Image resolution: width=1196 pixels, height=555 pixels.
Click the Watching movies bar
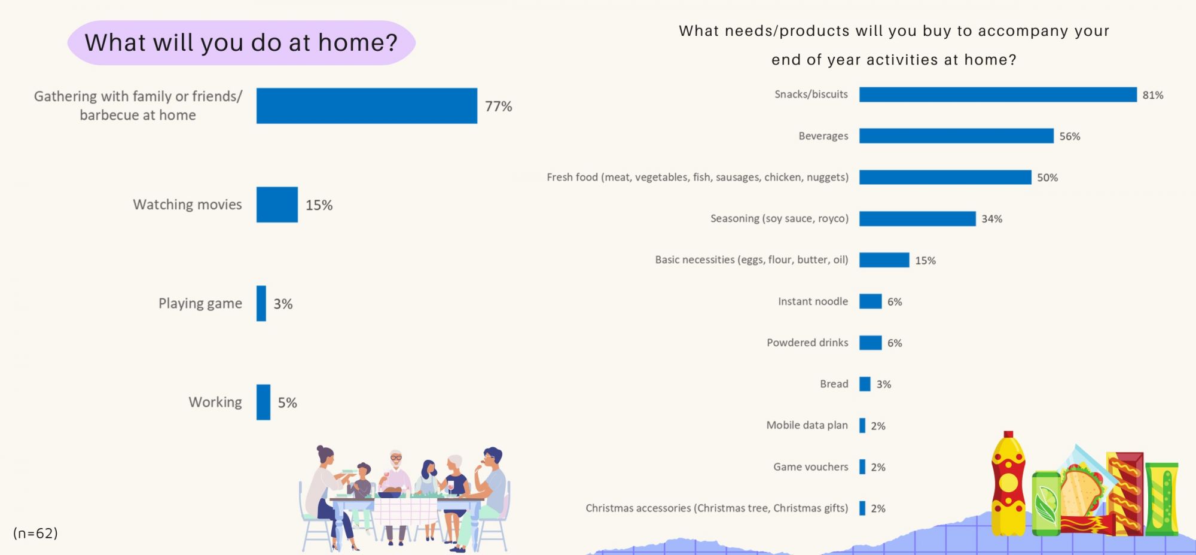click(277, 205)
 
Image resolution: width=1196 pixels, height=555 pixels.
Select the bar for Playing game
click(261, 303)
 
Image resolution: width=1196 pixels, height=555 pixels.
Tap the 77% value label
click(498, 106)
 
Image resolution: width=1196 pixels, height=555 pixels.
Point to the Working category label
click(215, 402)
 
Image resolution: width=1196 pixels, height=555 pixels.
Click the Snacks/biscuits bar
click(997, 94)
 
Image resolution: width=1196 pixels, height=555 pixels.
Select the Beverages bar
click(956, 136)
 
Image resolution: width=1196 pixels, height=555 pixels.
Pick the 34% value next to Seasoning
click(991, 219)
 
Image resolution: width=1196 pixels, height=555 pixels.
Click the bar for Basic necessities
click(884, 260)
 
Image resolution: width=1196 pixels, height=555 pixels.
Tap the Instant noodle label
click(813, 301)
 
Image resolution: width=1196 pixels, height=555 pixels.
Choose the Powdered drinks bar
click(870, 343)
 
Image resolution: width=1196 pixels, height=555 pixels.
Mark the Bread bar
click(865, 384)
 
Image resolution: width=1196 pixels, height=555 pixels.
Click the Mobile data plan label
click(807, 425)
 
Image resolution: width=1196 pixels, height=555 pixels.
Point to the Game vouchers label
click(810, 466)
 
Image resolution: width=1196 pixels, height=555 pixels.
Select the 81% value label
click(1152, 95)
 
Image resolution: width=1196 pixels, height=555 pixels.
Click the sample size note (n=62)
click(35, 533)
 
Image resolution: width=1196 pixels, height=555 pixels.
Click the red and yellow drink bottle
click(1008, 484)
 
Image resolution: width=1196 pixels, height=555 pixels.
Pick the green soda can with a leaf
click(1046, 503)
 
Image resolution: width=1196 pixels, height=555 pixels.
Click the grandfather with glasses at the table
click(395, 472)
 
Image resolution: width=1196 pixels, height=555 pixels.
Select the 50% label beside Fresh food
click(1047, 178)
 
